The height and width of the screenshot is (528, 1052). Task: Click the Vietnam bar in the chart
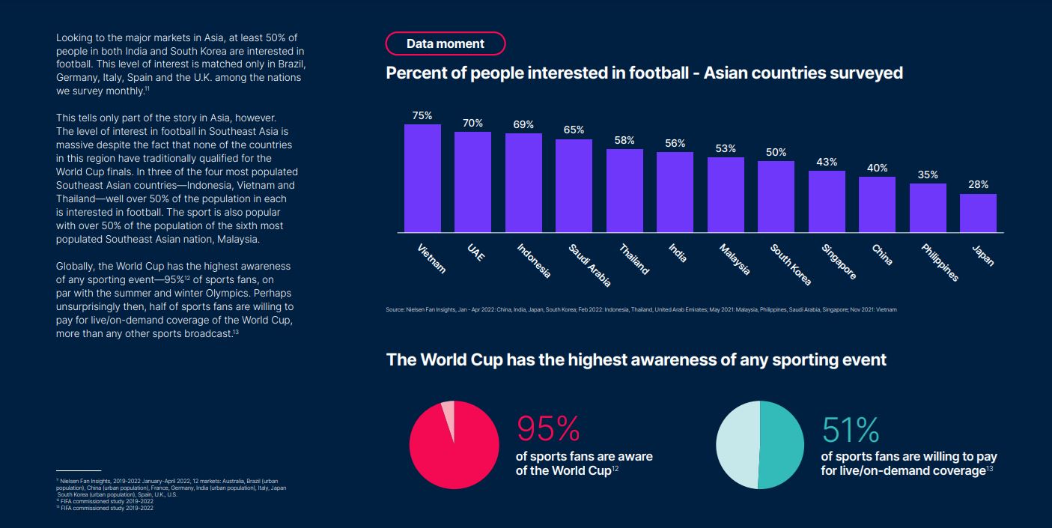click(422, 178)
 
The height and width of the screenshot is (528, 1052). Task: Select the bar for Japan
click(978, 213)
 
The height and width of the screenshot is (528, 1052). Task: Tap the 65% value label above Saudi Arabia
click(574, 130)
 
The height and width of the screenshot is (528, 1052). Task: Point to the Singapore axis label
click(838, 262)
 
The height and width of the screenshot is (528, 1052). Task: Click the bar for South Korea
click(776, 196)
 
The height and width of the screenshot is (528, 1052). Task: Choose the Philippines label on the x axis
click(940, 263)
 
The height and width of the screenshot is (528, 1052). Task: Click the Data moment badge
click(445, 43)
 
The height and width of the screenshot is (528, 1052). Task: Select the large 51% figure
click(851, 429)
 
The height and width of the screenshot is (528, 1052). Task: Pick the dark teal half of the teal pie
click(782, 445)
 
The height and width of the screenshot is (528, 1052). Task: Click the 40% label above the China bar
click(877, 169)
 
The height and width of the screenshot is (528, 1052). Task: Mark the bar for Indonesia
click(523, 183)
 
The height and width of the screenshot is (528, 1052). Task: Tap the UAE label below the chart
click(475, 252)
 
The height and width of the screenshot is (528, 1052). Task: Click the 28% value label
click(978, 184)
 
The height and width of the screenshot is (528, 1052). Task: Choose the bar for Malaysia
click(726, 195)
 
